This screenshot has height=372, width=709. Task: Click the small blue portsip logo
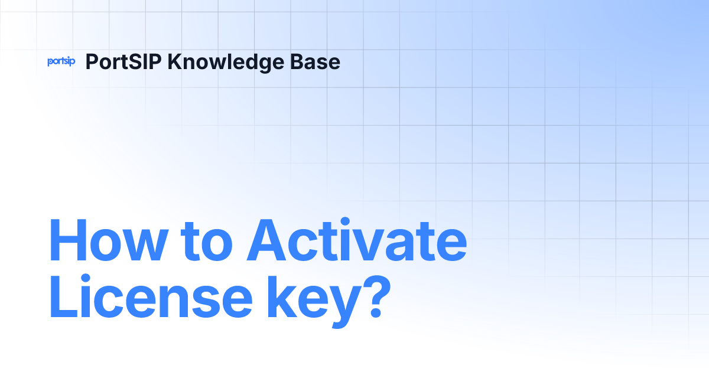point(61,61)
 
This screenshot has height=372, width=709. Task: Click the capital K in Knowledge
point(174,61)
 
